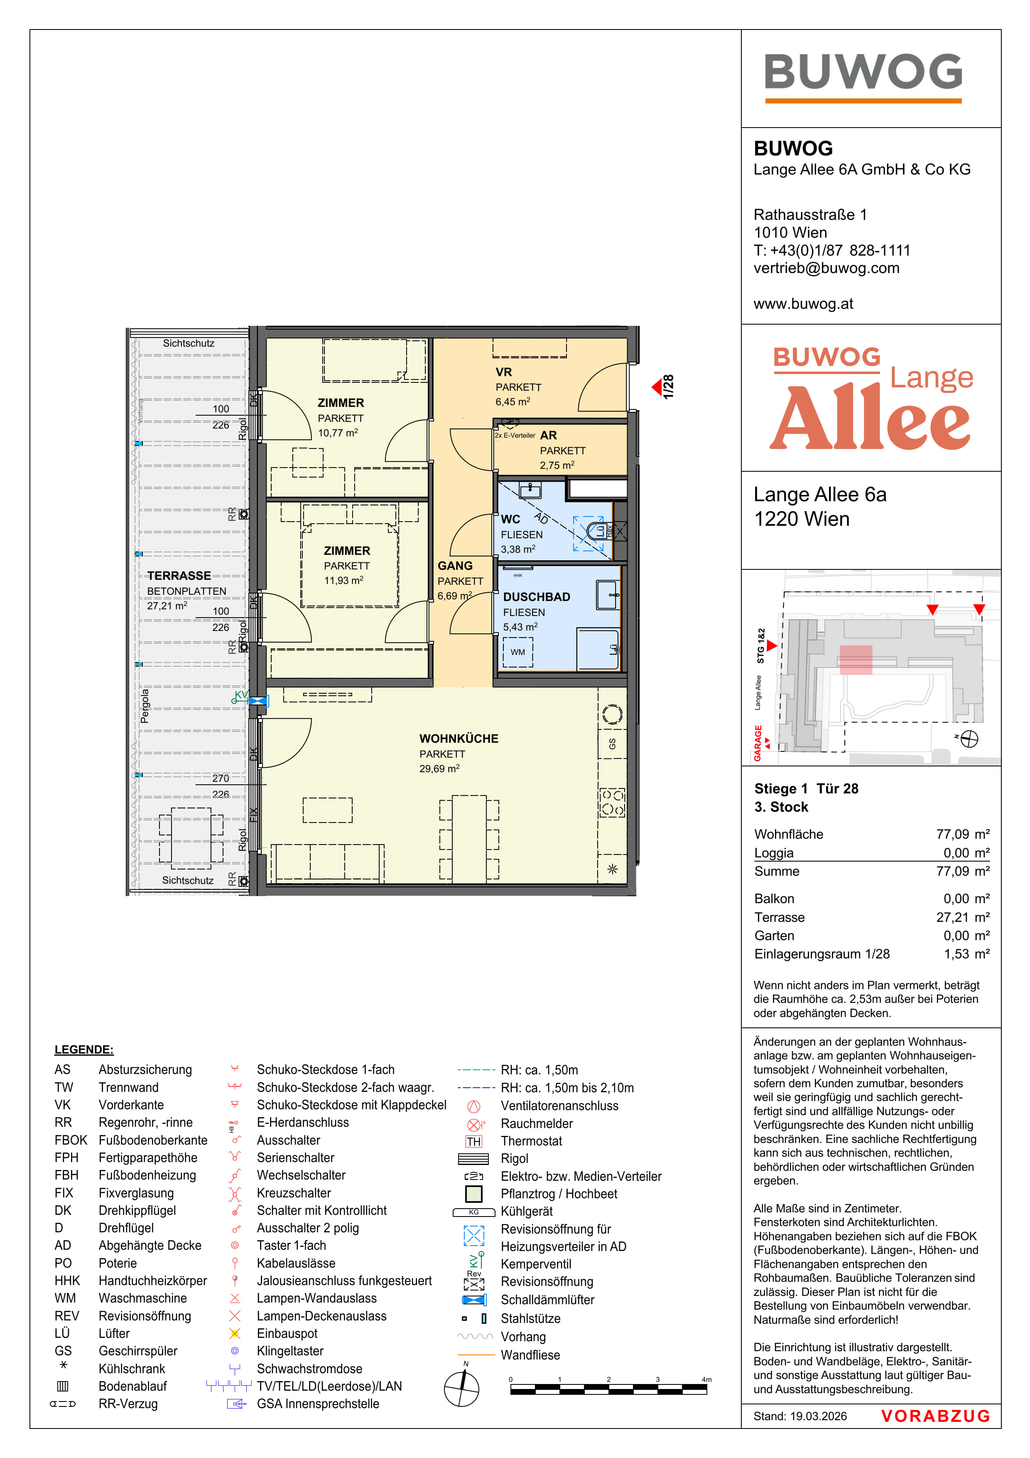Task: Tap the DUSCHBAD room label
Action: [x=536, y=597]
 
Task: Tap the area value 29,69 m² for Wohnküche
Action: [x=439, y=768]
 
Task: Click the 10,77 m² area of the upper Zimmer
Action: [x=338, y=432]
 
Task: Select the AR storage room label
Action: [x=548, y=436]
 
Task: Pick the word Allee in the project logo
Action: [x=869, y=417]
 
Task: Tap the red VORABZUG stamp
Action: [x=935, y=1416]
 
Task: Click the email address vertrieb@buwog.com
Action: [x=826, y=268]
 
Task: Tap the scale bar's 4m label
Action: [x=706, y=1379]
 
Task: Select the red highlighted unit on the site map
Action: [x=856, y=660]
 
